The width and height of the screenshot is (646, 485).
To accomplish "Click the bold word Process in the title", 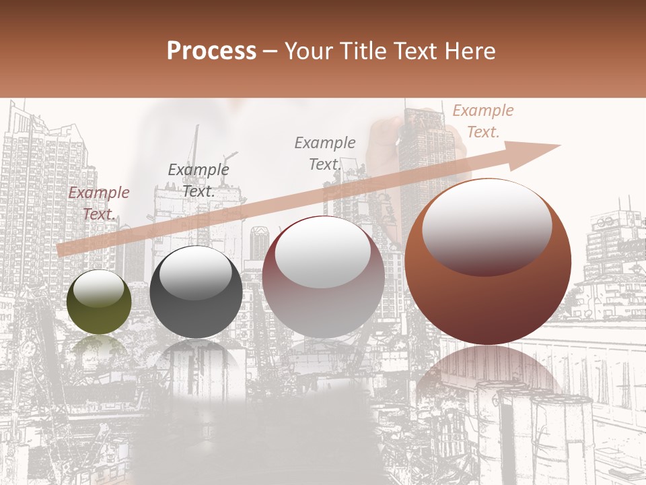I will (x=211, y=51).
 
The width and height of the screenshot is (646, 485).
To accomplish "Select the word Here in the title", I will (x=469, y=51).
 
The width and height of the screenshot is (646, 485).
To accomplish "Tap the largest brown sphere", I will (x=488, y=303).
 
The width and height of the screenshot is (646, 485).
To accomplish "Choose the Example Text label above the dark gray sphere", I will (x=198, y=180).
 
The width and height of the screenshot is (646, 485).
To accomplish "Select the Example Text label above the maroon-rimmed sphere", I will (x=325, y=153).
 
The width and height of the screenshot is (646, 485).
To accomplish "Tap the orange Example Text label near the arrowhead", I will (x=482, y=121).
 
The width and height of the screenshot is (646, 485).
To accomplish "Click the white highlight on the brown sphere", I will (x=487, y=226).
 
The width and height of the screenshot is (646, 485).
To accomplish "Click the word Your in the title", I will (x=309, y=51).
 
